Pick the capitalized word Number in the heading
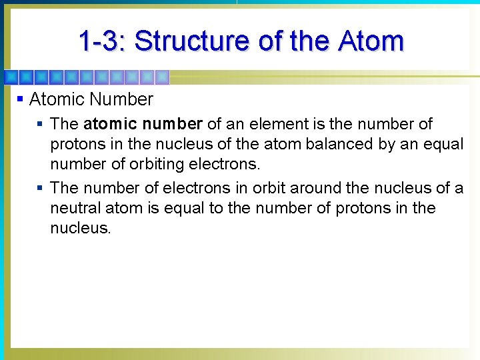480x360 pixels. (121, 100)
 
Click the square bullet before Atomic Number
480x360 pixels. (21, 99)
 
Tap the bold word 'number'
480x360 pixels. (172, 124)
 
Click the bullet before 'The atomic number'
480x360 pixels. (41, 124)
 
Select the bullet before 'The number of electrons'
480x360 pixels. (41, 188)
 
